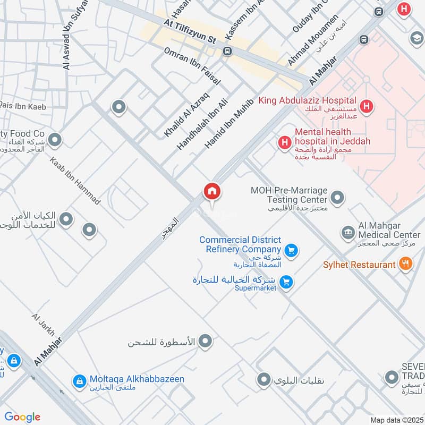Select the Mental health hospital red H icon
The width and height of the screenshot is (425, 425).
tap(285, 142)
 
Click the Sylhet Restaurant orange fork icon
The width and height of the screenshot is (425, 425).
tap(405, 264)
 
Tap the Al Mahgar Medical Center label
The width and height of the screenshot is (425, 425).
tap(389, 234)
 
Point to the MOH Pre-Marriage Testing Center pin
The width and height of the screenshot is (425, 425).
tap(337, 199)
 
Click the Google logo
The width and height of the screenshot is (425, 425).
tap(22, 417)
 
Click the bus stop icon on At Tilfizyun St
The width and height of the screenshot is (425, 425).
tap(228, 52)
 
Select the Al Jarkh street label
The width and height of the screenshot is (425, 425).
tap(43, 325)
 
